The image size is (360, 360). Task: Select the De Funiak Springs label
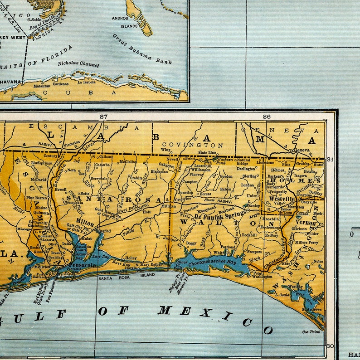pos(220,214)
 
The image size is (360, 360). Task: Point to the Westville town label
pos(282,199)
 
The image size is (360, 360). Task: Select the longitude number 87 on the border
pos(103,117)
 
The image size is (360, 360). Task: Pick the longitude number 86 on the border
pos(266,117)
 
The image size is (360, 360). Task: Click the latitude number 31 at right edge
pos(330,159)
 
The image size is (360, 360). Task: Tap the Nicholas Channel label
pos(78,64)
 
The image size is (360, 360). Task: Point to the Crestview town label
pos(183,199)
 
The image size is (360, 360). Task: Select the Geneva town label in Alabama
pos(302,150)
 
